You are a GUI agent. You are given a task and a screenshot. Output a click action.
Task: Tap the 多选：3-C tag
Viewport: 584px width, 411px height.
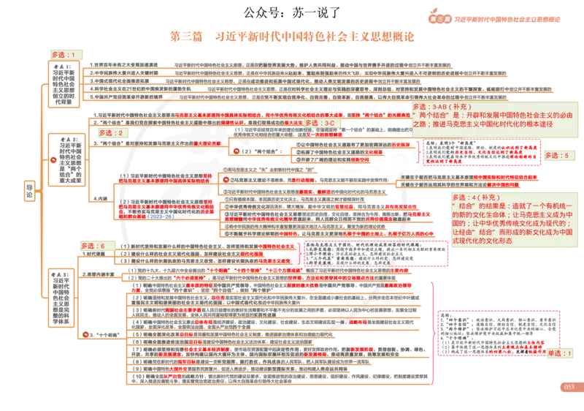319,122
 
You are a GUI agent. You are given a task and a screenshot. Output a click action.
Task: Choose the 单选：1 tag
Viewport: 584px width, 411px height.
560,352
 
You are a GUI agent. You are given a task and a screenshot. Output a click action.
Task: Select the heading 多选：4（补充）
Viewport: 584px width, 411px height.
474,198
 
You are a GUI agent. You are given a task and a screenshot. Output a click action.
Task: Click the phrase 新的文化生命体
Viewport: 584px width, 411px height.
478,217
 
